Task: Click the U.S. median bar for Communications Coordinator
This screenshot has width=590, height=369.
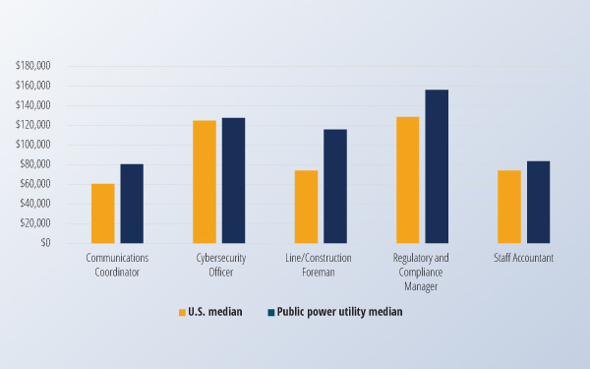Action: (103, 214)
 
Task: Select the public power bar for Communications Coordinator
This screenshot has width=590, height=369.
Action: (132, 204)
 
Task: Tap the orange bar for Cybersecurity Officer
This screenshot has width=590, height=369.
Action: (205, 182)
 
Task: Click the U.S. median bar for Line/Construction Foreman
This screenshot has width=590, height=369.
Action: (307, 207)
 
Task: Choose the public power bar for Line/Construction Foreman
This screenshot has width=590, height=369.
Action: (335, 186)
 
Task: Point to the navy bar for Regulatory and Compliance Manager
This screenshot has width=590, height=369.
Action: (437, 166)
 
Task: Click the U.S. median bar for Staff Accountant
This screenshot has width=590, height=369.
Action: (509, 207)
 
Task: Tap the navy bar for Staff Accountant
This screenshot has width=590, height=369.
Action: (538, 202)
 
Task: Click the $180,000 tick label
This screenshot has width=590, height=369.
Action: (33, 66)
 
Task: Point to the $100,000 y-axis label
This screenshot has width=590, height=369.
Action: (33, 145)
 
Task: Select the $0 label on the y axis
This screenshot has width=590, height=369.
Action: (45, 243)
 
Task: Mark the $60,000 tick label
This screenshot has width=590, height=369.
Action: (35, 184)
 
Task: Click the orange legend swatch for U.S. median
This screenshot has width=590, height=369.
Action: (182, 312)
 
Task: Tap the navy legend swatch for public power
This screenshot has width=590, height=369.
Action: (271, 312)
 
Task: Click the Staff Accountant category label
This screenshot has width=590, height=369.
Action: (523, 259)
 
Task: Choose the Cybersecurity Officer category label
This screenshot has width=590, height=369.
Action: (219, 265)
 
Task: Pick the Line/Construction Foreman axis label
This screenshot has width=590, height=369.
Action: (321, 265)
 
